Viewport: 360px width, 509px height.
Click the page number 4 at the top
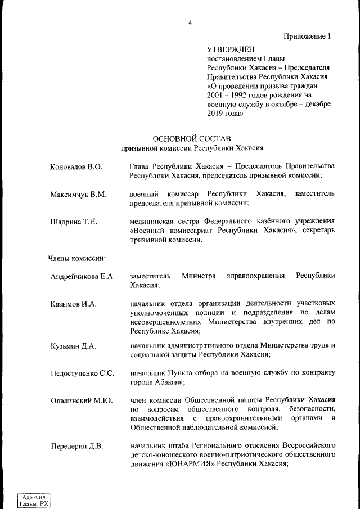[190, 22]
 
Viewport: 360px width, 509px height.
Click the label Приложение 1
[307, 37]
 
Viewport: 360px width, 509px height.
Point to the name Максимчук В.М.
[78, 194]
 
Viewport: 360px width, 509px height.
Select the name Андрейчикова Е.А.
[82, 276]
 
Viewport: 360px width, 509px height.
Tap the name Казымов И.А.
[73, 304]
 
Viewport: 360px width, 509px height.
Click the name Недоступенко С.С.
[82, 373]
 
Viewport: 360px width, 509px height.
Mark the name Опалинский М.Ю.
[81, 400]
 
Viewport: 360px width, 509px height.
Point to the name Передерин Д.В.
[76, 447]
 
